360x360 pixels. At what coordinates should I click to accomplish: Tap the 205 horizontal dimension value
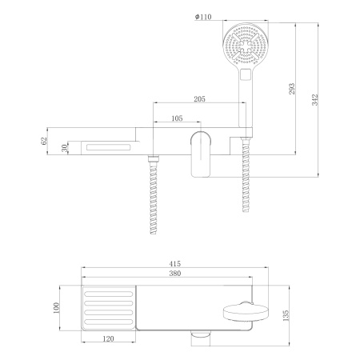(x=200, y=99)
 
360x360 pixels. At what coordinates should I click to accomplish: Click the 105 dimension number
(x=176, y=118)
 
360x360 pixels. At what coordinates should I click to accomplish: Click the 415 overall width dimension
(x=185, y=262)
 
